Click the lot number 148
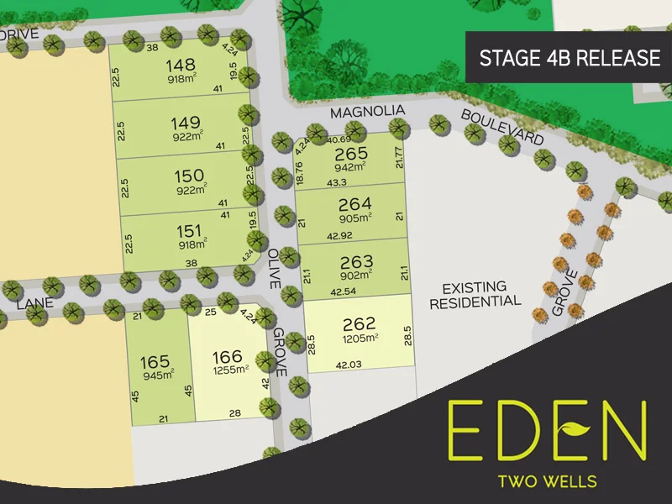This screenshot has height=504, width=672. pos(181,65)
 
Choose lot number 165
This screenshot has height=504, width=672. pos(155,363)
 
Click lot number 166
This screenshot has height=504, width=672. pos(228,355)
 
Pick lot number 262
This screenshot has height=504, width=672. pos(360,323)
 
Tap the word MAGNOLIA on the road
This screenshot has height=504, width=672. pos(367,111)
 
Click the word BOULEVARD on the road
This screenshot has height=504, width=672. pos(501,125)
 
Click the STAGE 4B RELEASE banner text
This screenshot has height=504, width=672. pos(569,58)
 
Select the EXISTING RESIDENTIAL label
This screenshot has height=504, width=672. pos(475,295)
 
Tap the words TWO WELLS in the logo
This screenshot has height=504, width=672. pos(547,481)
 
